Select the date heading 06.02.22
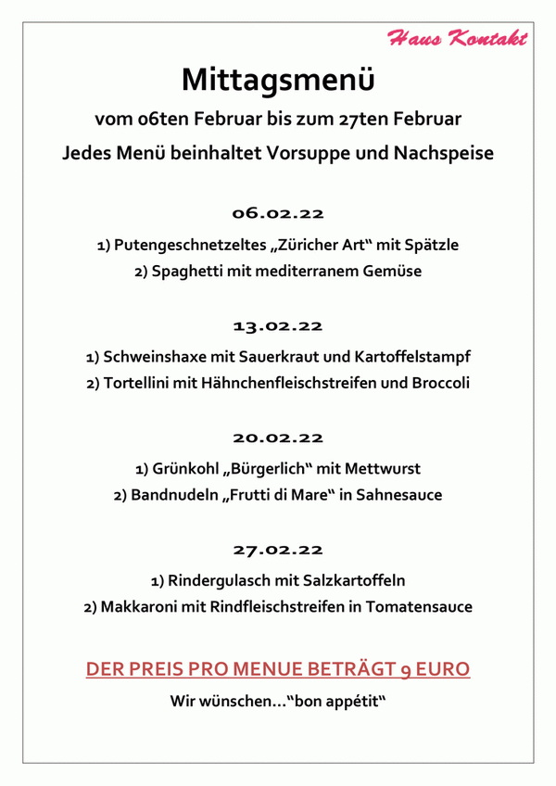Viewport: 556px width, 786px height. [x=278, y=214]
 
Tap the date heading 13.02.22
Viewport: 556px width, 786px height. [x=278, y=325]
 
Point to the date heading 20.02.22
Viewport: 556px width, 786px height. [x=278, y=437]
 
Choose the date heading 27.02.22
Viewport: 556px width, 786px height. [x=278, y=550]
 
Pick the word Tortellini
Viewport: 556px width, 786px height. [x=143, y=383]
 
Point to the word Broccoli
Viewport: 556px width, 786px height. [x=439, y=383]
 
